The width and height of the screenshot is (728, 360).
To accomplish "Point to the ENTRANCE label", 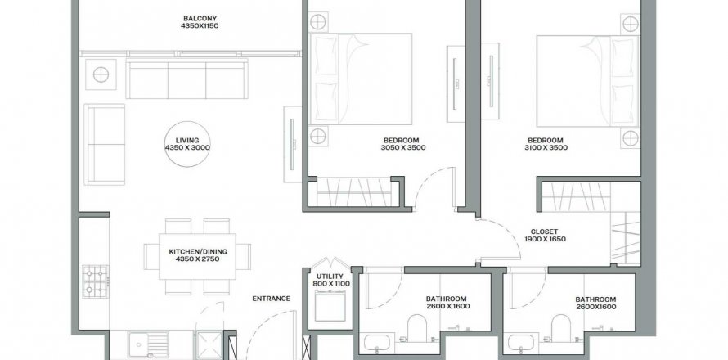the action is tap(271, 299).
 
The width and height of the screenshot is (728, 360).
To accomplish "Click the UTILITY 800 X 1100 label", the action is tap(330, 280).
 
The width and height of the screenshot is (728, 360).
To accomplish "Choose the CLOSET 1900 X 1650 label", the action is tap(545, 236).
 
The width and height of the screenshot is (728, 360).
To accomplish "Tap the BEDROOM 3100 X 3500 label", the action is tap(546, 144).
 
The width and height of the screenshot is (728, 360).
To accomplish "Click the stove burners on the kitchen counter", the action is tap(95, 281).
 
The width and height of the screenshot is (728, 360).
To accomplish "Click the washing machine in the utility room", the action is tap(330, 306).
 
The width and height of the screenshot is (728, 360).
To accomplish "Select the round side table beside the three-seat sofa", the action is tap(101, 74).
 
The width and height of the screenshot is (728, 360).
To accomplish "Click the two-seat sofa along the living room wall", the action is tap(105, 145).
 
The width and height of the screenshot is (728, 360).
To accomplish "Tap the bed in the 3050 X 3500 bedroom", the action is tap(361, 79).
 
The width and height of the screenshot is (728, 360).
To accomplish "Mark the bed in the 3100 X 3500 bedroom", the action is tap(588, 81).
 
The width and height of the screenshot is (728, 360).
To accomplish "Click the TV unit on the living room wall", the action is tap(293, 145).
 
